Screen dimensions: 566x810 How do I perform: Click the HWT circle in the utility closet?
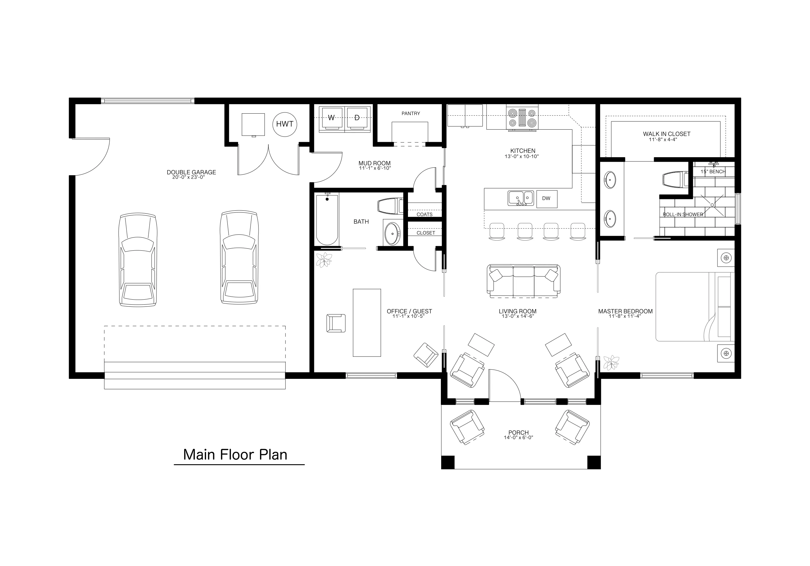[284, 124]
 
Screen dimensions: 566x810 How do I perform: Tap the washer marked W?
[331, 117]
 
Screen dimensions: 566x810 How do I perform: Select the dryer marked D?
[357, 117]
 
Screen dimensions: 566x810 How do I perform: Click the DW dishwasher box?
[546, 199]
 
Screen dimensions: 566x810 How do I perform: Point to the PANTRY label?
[411, 114]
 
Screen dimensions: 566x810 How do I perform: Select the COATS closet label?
[424, 214]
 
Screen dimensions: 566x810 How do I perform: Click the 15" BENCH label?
[713, 172]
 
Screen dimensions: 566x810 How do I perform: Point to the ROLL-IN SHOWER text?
[683, 214]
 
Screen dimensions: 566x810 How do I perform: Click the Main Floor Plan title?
[235, 455]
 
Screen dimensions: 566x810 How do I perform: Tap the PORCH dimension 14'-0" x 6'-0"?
[518, 438]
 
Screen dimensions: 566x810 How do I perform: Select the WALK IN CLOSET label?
[667, 134]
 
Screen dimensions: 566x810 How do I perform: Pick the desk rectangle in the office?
[367, 322]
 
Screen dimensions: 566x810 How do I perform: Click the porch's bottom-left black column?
[448, 462]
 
